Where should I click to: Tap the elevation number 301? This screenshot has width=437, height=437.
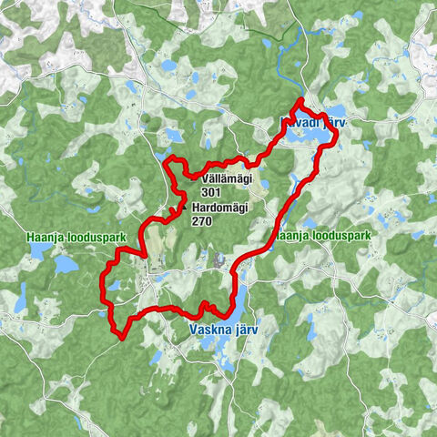[211, 193]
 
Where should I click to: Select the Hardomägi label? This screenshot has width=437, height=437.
[221, 208]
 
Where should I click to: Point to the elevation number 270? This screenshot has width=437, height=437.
[202, 220]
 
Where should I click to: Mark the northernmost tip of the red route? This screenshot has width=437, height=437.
[300, 98]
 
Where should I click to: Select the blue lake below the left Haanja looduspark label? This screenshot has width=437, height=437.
[65, 264]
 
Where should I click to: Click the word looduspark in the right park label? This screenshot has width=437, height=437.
[340, 236]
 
